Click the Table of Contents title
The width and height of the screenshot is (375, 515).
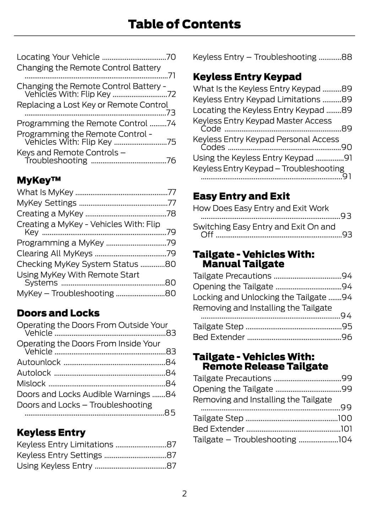click(184, 24)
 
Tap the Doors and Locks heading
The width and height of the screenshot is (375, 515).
click(58, 313)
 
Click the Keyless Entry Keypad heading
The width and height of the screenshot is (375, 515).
click(247, 77)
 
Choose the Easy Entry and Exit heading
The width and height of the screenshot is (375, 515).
click(241, 196)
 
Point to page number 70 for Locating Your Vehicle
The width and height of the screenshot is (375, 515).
click(171, 57)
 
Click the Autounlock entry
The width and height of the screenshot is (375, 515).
click(39, 362)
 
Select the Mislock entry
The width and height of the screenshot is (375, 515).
click(31, 383)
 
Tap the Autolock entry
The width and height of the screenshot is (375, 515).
click(34, 373)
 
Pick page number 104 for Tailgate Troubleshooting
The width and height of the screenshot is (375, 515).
click(345, 440)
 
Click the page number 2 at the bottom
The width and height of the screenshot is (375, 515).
click(184, 494)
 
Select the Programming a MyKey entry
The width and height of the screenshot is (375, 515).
click(60, 243)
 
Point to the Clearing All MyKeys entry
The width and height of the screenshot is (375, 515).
click(55, 253)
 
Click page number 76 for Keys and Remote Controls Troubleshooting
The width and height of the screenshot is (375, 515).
click(171, 161)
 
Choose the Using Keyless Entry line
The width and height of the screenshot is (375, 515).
click(54, 466)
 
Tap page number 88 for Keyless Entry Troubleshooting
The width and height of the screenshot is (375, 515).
click(347, 57)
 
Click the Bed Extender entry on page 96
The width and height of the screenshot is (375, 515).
click(219, 337)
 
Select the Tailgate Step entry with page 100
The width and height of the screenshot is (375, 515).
click(218, 418)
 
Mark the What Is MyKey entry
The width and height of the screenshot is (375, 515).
click(45, 192)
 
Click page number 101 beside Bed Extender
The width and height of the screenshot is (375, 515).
click(346, 429)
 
